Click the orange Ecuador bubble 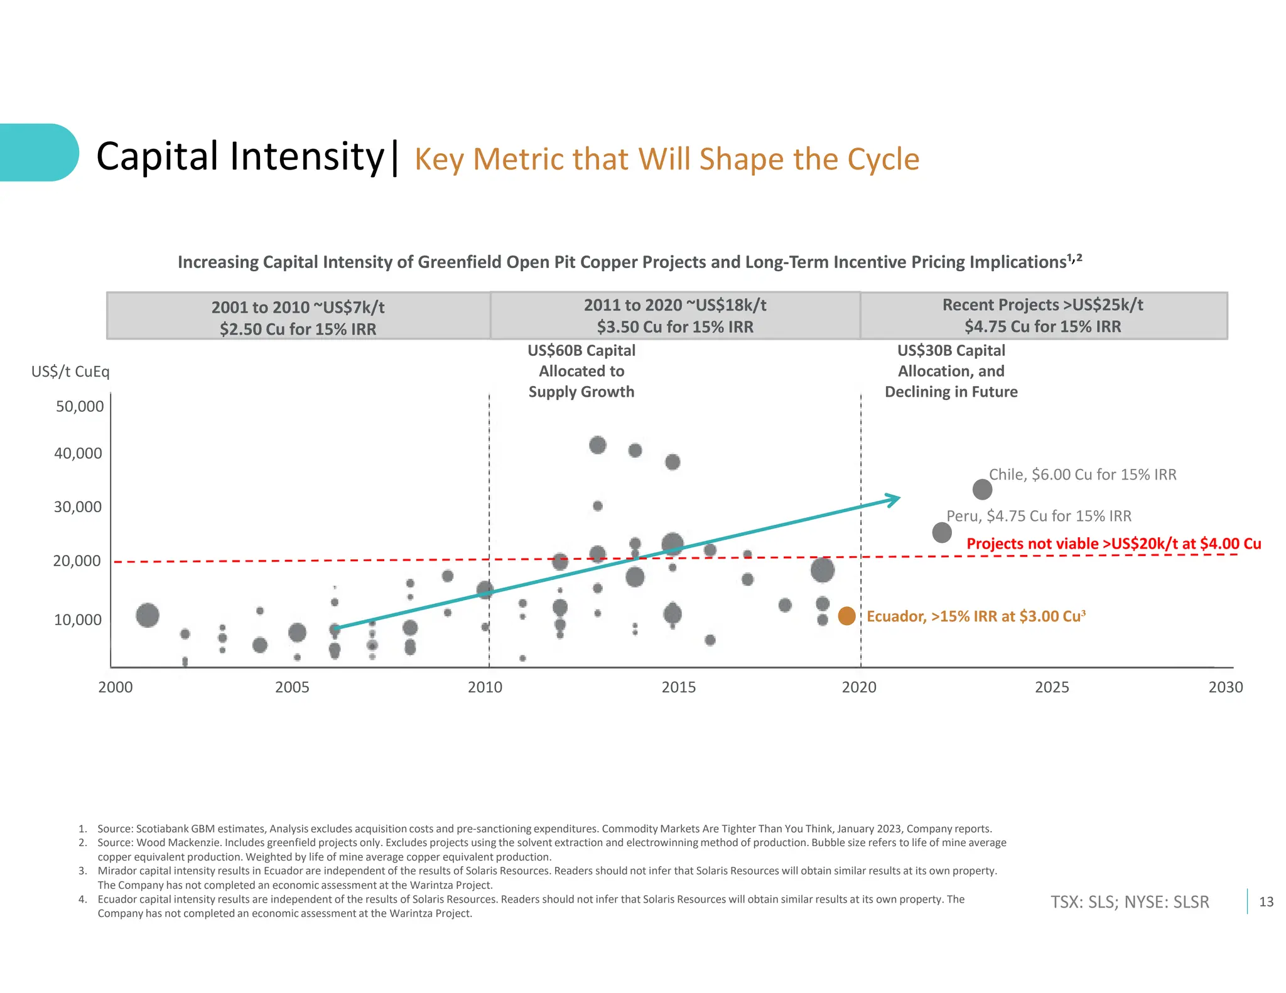[x=846, y=616]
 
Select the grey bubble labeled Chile [x=982, y=489]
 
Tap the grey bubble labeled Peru [x=941, y=532]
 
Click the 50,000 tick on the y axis [x=80, y=406]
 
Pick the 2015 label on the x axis [x=678, y=687]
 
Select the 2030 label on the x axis [x=1225, y=687]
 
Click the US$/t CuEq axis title [x=70, y=372]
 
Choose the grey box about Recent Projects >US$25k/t [x=1042, y=316]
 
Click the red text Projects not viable [x=1113, y=544]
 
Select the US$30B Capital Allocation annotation [x=951, y=371]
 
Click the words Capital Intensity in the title [x=240, y=156]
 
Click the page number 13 [x=1266, y=902]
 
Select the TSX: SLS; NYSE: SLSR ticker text [x=1129, y=902]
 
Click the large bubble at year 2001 [x=148, y=615]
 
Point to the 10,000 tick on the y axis [x=78, y=620]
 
